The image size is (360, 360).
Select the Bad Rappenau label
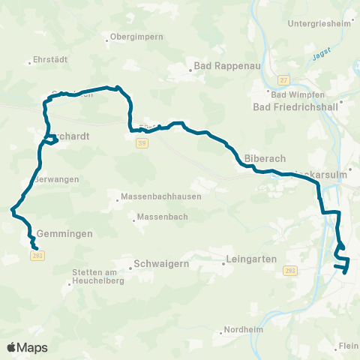(x=227, y=66)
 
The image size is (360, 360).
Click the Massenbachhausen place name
(x=155, y=199)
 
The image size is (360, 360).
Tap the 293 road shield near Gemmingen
(x=37, y=256)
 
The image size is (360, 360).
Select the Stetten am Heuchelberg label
(x=92, y=277)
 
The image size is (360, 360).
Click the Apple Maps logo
(x=27, y=347)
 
